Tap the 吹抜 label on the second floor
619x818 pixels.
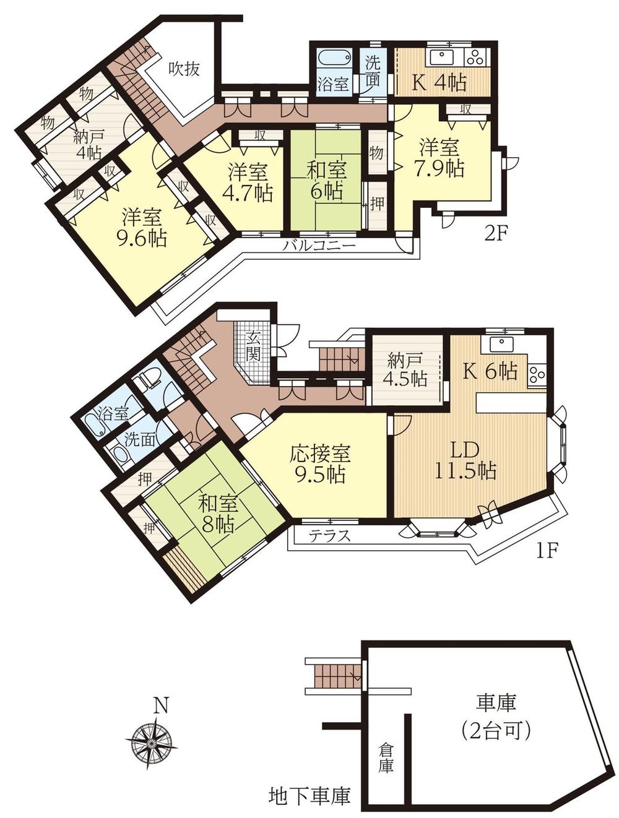184,69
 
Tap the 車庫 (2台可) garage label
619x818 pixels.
496,717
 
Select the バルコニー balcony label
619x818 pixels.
319,246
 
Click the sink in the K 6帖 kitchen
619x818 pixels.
497,344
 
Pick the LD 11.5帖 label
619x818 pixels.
469,460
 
